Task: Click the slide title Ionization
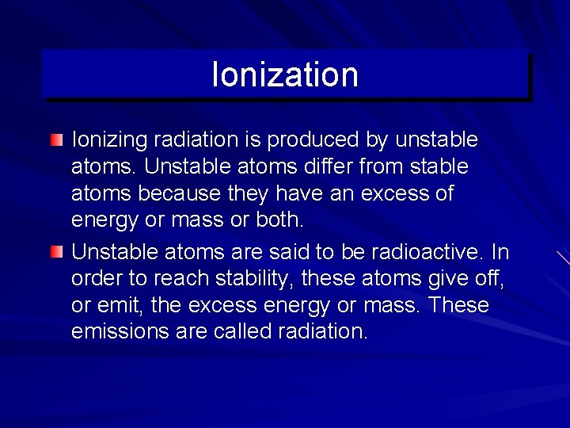[x=285, y=75]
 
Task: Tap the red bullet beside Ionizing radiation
[x=55, y=141]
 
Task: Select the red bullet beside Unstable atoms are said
[x=55, y=252]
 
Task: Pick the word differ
[x=325, y=167]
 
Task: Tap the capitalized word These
[x=460, y=306]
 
